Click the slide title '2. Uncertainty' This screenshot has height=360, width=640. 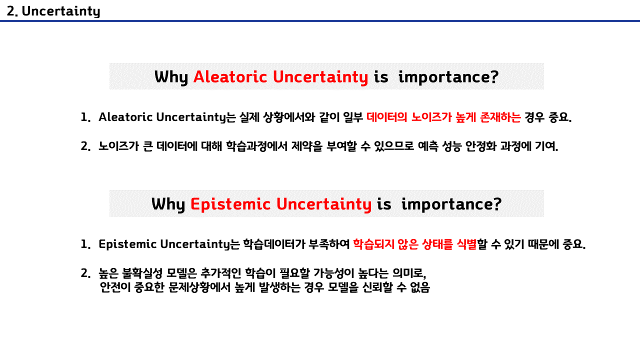tap(53, 11)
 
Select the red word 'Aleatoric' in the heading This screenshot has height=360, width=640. tap(230, 77)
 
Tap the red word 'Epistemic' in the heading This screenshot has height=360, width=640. tap(230, 204)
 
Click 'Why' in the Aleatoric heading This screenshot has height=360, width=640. tap(171, 77)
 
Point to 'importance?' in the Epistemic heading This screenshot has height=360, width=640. tap(451, 204)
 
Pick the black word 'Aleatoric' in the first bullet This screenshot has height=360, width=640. tap(125, 117)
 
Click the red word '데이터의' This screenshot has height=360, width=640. tap(387, 117)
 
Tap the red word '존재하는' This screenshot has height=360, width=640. tap(500, 117)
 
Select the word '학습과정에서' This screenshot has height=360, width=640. tap(256, 146)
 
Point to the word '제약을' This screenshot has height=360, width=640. tap(307, 146)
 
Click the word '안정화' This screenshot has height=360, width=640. tap(481, 146)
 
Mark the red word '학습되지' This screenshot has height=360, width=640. tap(373, 244)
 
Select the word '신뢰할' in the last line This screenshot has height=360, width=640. tap(377, 287)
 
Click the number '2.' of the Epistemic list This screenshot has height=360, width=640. tap(85, 273)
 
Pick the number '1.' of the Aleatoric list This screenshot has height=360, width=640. tap(85, 117)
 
